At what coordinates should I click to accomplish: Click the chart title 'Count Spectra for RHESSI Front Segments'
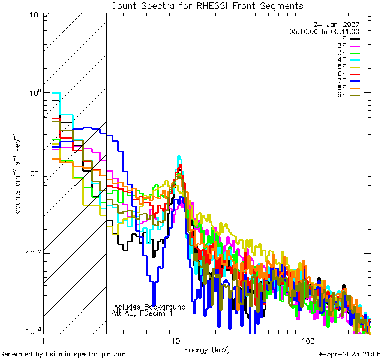tap(207, 6)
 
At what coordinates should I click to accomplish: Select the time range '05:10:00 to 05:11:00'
tap(324, 31)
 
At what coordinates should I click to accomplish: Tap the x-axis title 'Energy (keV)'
tap(207, 349)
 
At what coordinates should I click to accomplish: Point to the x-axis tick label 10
tap(176, 340)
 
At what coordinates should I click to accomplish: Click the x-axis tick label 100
tap(307, 340)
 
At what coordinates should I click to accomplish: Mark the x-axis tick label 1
tap(44, 340)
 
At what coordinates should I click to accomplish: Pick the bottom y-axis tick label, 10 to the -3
tap(33, 331)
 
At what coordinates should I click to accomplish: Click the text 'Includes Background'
tap(149, 307)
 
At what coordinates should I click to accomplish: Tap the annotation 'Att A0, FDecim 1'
tap(142, 313)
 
